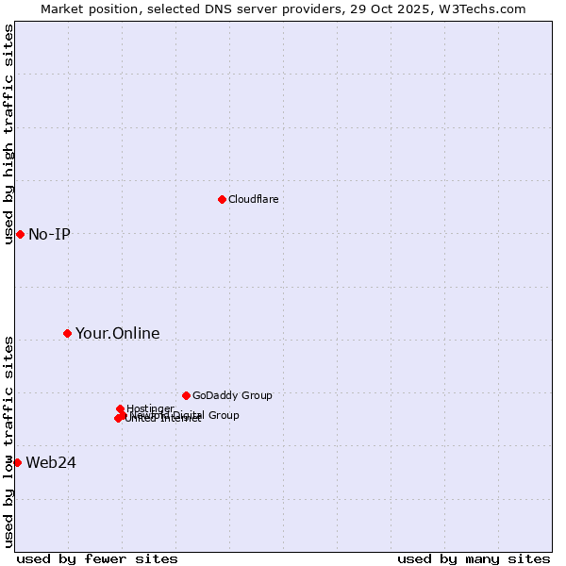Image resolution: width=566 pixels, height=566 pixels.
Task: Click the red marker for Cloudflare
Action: pos(222,199)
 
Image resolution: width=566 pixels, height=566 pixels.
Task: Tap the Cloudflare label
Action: pos(253,199)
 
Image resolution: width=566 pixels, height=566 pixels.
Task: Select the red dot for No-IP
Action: pos(20,234)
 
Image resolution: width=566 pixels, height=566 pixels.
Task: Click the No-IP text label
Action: pos(49,235)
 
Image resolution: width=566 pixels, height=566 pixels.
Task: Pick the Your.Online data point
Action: pos(67,333)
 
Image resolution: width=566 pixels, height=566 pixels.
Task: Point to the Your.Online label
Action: pos(117,334)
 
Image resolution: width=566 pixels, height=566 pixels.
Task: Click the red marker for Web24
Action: pos(17,462)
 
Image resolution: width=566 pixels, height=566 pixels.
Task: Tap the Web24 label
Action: pos(51,463)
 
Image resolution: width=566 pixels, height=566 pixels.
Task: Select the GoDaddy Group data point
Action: pos(186,395)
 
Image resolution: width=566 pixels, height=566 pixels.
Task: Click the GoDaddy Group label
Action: pos(232,396)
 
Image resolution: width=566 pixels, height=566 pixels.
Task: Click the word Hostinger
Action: pos(150,408)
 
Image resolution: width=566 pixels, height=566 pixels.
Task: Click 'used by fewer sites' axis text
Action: pos(97,558)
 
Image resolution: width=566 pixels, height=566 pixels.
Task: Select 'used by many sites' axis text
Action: pos(474,558)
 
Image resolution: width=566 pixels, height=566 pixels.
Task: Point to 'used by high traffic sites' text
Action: pos(8,134)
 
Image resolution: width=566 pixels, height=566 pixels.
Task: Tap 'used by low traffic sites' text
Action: pos(8,441)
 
